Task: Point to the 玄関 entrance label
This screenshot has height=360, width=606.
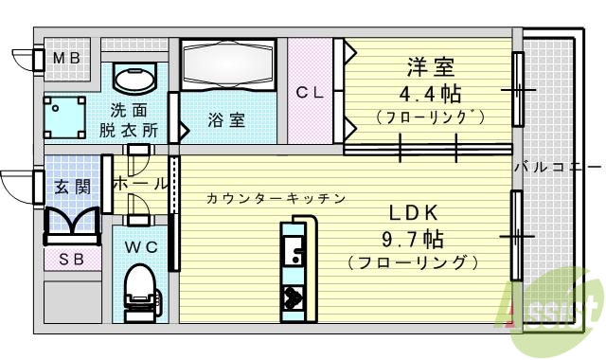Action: pos(71,187)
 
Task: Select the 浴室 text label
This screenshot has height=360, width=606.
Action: pos(226,120)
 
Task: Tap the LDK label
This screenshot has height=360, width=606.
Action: pos(411,212)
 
